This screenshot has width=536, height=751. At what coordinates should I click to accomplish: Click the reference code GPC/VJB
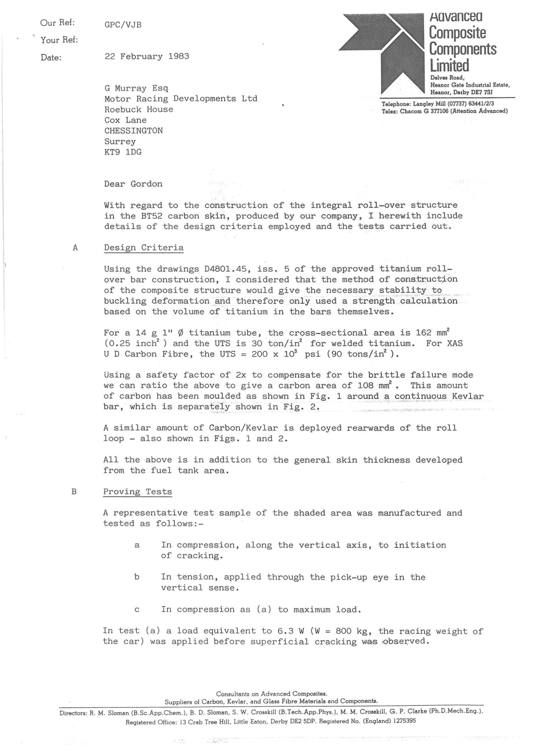123,25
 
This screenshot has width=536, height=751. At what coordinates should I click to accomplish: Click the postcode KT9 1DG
123,152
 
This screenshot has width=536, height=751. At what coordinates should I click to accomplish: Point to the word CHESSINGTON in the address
133,131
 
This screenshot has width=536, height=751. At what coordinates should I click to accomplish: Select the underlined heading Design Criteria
143,248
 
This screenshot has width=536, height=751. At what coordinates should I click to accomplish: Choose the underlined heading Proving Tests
138,492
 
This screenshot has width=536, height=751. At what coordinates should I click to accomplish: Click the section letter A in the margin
75,248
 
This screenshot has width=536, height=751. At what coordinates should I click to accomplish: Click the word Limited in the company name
449,65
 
